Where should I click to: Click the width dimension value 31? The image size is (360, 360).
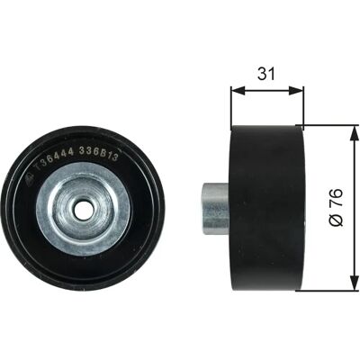[266, 74]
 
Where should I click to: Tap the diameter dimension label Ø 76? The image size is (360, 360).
[337, 207]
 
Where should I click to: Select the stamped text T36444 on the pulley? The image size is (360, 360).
[54, 160]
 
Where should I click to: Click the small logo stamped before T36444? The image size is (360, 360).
[30, 178]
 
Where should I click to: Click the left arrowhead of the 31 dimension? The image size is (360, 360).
[238, 91]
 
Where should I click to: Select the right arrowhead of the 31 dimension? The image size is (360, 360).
[296, 91]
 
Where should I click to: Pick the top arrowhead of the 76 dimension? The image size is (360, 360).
[355, 133]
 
